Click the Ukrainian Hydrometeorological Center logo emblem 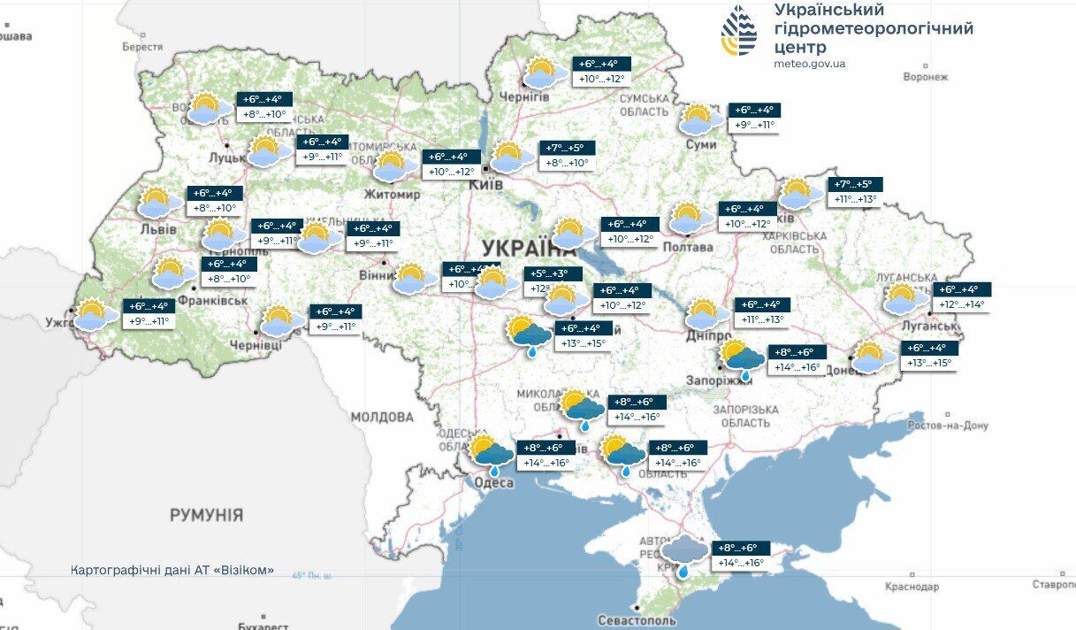pos(740,31)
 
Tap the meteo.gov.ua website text pos(808,63)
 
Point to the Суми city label pos(701,143)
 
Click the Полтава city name pos(688,247)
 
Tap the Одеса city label pos(493,482)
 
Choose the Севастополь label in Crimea pos(637,620)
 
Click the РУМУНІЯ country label pos(206,514)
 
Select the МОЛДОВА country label pos(382,416)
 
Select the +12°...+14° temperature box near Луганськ pos(962,297)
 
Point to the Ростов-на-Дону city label pos(944,426)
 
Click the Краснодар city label pos(911,587)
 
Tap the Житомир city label pos(393,194)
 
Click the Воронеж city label pos(925,77)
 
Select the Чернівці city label pos(256,344)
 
